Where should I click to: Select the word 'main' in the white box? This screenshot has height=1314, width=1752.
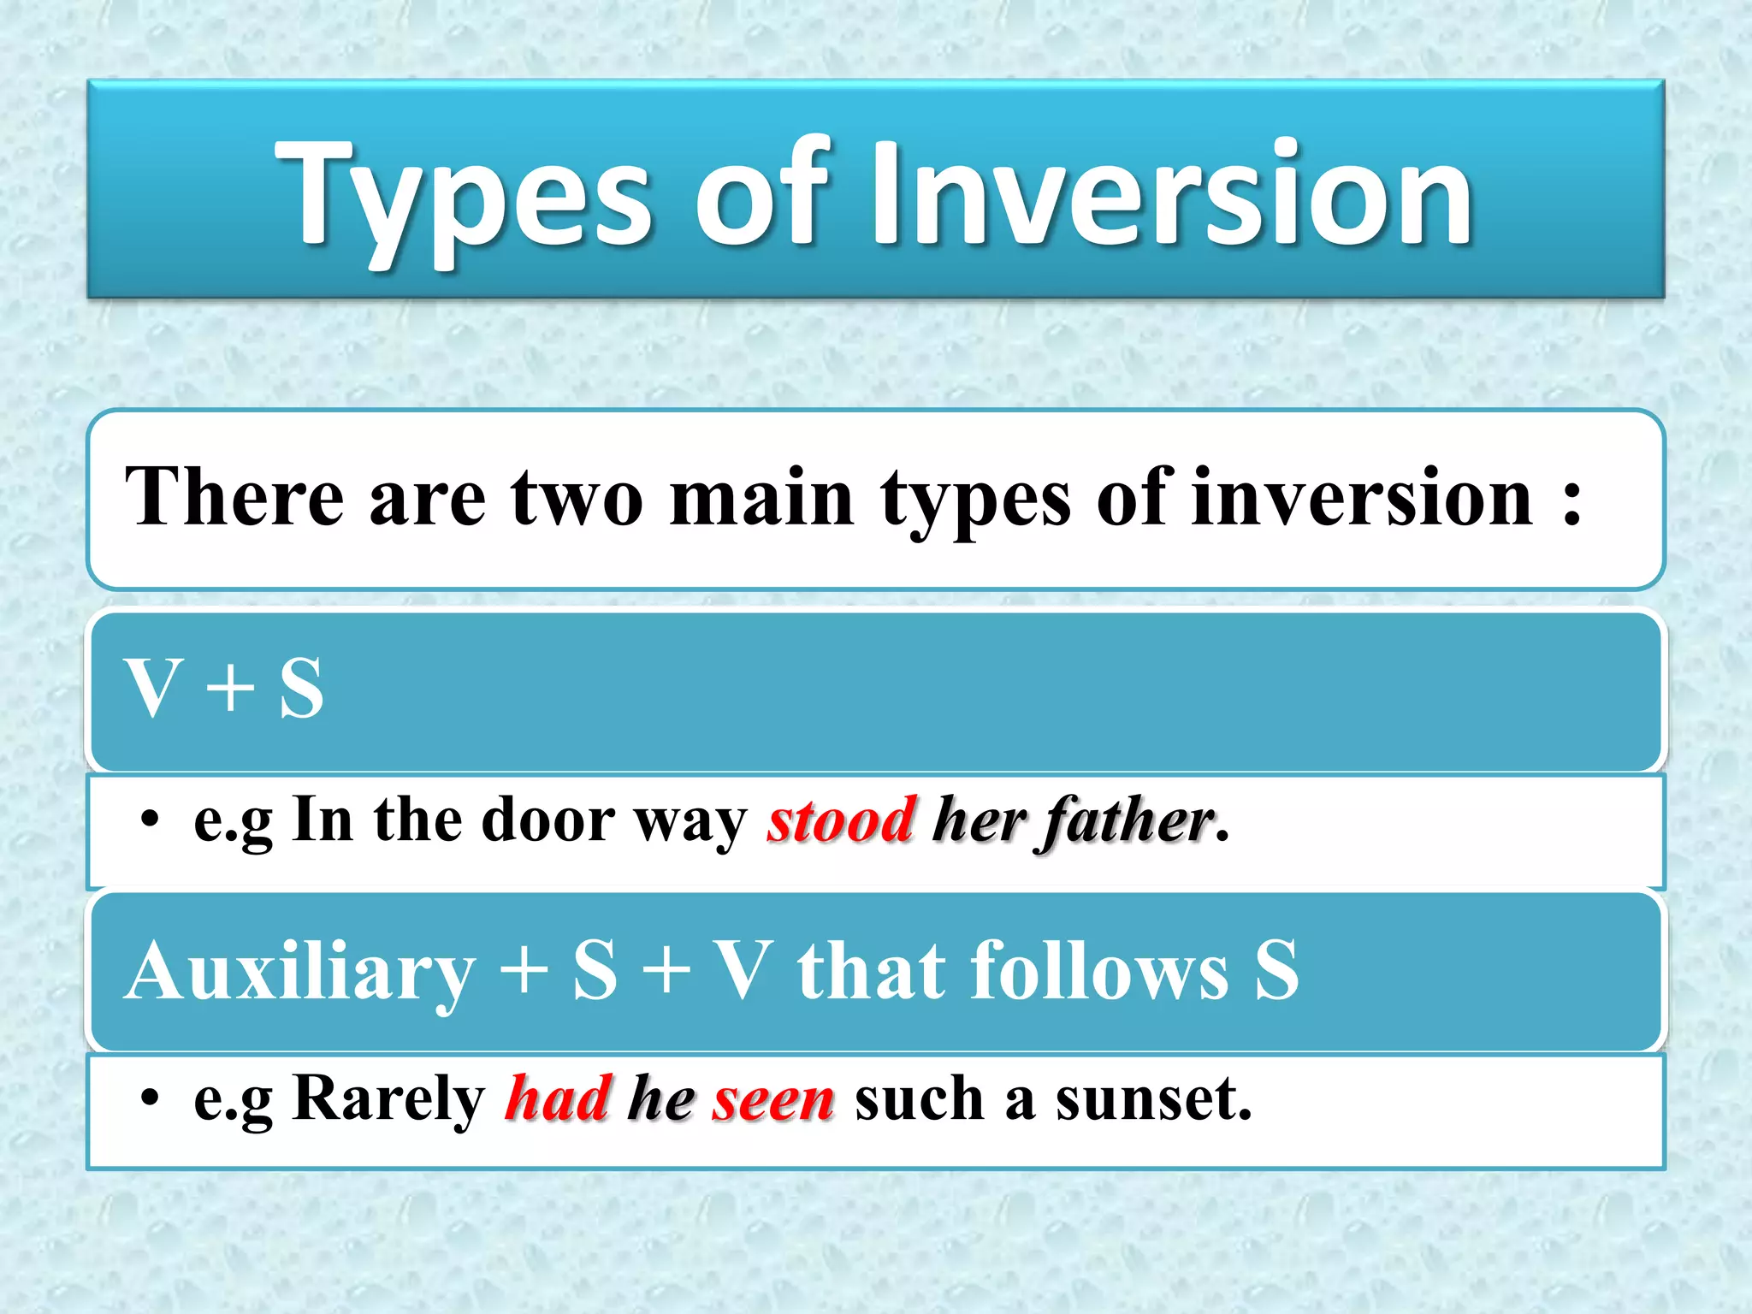pyautogui.click(x=761, y=499)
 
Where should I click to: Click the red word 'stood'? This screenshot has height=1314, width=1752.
pyautogui.click(x=842, y=820)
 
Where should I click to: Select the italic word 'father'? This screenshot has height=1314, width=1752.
pyautogui.click(x=1127, y=820)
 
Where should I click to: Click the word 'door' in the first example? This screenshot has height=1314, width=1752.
pyautogui.click(x=547, y=820)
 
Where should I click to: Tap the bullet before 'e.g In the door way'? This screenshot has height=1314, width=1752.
pyautogui.click(x=150, y=820)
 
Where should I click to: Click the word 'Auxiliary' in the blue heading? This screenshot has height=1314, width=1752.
pyautogui.click(x=299, y=971)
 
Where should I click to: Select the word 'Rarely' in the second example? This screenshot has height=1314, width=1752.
pyautogui.click(x=388, y=1098)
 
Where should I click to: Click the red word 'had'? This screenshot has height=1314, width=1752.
pyautogui.click(x=558, y=1098)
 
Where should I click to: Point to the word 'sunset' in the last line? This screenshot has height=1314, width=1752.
pyautogui.click(x=1146, y=1098)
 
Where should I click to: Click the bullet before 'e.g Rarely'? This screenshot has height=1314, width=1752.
pyautogui.click(x=150, y=1098)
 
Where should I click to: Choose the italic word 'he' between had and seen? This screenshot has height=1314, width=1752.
pyautogui.click(x=660, y=1098)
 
